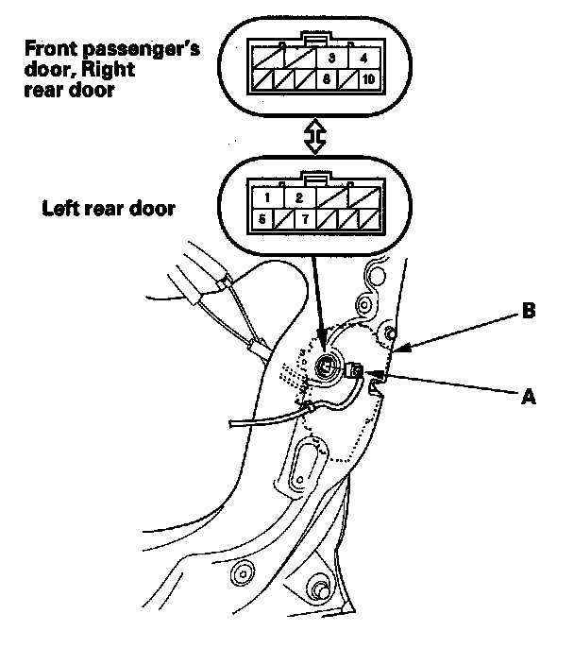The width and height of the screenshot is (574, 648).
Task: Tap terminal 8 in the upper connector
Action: click(331, 80)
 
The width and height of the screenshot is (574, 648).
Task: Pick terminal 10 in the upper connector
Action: click(366, 80)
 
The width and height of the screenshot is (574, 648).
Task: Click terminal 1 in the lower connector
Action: click(269, 197)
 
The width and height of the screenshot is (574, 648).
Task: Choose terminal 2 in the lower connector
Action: click(298, 197)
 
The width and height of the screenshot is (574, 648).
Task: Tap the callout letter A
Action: click(529, 398)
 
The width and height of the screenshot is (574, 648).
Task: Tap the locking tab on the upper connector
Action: click(315, 39)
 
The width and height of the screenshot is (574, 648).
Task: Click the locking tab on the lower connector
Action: click(315, 178)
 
